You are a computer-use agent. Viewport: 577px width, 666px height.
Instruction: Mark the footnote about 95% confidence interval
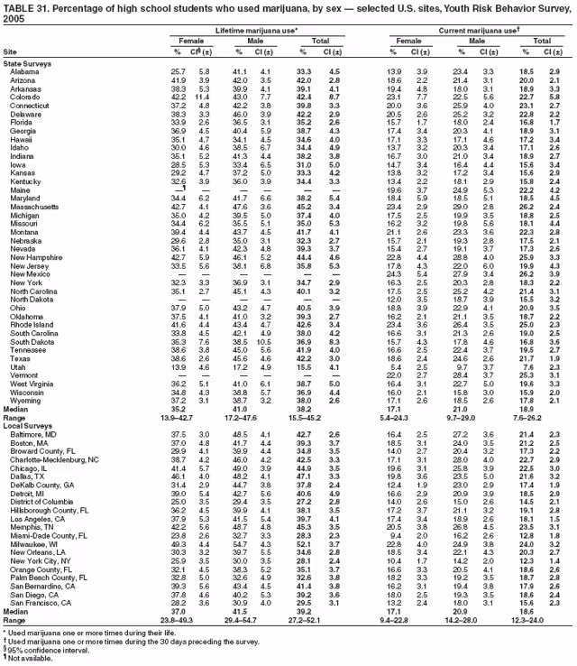(40, 652)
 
